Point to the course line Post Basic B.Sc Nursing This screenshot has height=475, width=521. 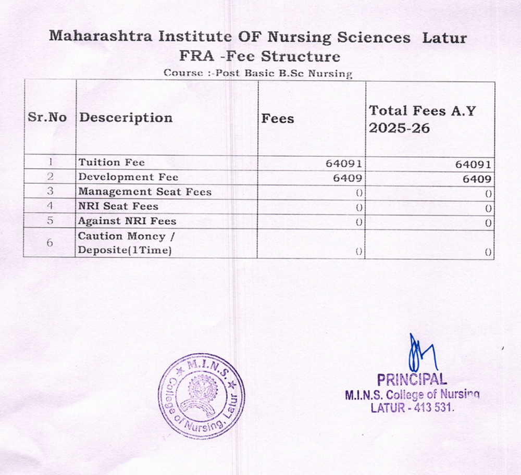click(x=258, y=73)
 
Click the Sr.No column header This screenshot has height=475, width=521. click(x=47, y=118)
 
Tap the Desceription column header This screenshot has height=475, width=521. click(x=126, y=118)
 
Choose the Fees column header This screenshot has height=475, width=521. click(x=278, y=119)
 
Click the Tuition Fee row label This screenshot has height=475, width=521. click(x=111, y=162)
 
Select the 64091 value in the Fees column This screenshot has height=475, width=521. click(x=344, y=164)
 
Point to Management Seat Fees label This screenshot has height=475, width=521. click(x=145, y=192)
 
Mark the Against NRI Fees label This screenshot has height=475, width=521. click(x=127, y=221)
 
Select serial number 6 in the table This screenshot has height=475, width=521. click(x=50, y=243)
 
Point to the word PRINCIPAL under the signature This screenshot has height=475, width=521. click(x=412, y=379)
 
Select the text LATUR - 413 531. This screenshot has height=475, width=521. click(x=413, y=408)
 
